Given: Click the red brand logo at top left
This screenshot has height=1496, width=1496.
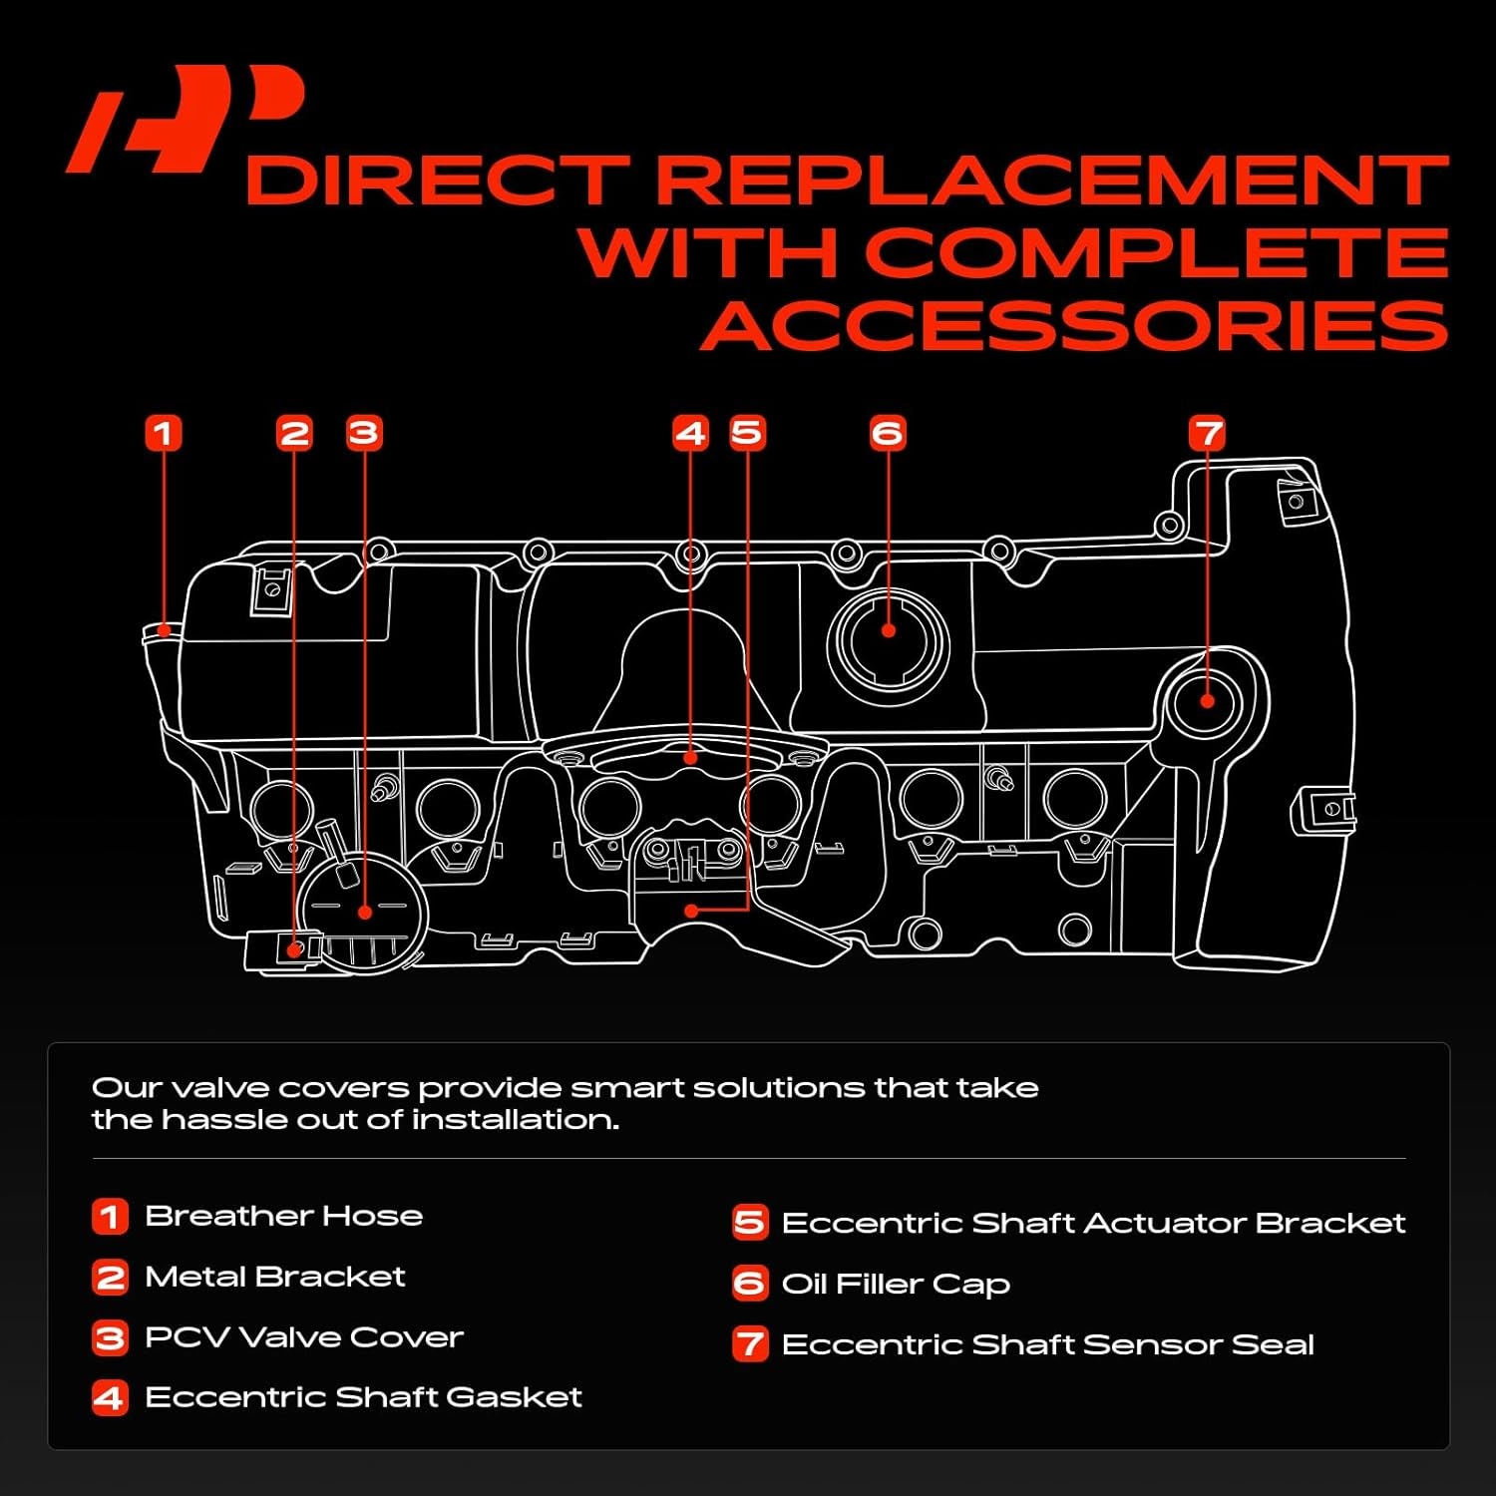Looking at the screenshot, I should coord(185,120).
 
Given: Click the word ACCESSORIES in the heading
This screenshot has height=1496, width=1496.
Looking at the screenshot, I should coord(1074,325).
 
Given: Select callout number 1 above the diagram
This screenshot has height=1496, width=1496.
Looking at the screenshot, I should coord(164,433).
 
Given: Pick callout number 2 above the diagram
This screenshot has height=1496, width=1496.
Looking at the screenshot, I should coord(294,433).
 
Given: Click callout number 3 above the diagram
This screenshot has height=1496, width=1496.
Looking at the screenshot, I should coord(364,433).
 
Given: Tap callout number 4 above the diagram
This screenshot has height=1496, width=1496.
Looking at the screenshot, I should coord(690,433).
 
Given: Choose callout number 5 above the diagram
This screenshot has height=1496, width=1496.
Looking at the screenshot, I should coord(747,433).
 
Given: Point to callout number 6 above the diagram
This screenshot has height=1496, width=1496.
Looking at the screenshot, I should coord(888,433).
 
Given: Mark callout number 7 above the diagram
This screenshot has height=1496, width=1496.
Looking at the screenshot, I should coord(1207,433).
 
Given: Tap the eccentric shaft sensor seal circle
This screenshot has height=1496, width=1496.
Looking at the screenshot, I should coord(1207,700).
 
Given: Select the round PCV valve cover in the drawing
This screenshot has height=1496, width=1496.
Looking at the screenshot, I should coord(365,910).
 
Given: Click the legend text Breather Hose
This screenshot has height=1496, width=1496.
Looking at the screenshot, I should coord(283,1216).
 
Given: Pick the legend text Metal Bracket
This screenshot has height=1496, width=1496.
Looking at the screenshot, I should coord(275,1277).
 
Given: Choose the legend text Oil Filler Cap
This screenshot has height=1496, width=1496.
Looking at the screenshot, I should coord(896,1284).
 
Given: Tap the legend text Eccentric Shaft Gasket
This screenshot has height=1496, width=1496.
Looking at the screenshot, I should coord(363,1397).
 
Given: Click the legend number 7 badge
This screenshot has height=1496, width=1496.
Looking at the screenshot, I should coord(750,1344).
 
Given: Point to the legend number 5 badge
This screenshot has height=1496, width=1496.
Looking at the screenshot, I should coord(750,1223).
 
